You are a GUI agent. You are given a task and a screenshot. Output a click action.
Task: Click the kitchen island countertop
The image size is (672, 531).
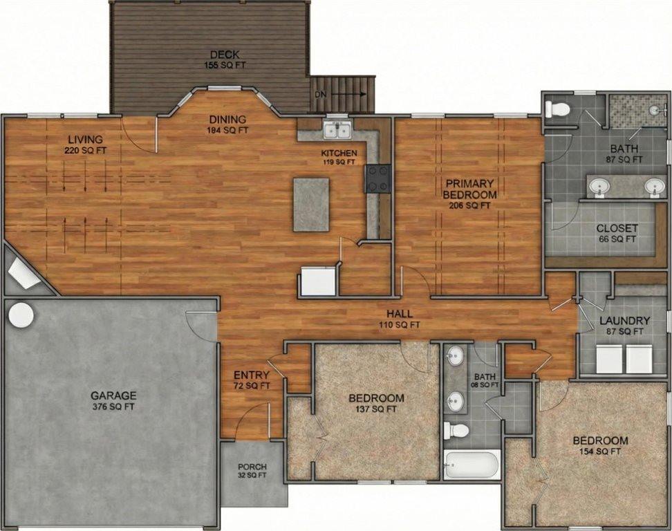311,205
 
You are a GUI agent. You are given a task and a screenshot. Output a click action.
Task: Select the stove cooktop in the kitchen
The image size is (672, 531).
378,178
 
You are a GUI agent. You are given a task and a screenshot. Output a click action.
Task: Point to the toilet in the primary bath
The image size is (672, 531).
557,109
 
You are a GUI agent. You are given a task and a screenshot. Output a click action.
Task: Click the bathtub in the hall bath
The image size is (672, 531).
472,465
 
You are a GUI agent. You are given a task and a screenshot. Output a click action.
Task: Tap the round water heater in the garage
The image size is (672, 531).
21,315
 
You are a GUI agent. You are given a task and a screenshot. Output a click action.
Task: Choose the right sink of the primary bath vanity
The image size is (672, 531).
653,186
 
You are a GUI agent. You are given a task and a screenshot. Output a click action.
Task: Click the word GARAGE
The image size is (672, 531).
113,395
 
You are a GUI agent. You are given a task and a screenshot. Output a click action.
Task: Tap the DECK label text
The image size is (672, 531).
225,55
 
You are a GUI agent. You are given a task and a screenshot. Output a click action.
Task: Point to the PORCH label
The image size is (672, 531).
252,467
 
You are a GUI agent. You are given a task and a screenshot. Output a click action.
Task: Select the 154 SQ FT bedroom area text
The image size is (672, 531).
600,451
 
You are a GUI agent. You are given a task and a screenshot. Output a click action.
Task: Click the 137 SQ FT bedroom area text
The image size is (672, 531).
376,409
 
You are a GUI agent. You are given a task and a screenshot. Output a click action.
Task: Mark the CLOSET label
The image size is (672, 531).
617,229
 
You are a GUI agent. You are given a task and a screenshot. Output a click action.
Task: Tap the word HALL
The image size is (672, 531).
400,314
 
